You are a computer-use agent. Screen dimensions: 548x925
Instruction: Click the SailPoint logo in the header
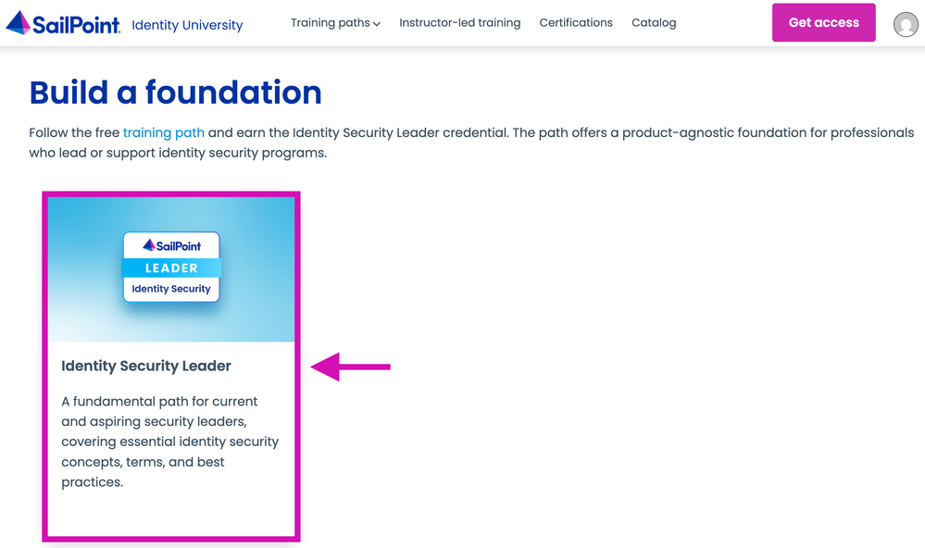pos(63,23)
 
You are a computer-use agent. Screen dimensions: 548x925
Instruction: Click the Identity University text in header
pos(187,25)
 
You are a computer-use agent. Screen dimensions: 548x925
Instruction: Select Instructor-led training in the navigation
pos(459,22)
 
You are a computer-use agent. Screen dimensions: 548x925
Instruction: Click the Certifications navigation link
pos(576,22)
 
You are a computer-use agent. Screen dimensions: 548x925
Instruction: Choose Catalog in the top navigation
pos(654,22)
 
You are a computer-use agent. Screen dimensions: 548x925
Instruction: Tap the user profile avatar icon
pos(905,24)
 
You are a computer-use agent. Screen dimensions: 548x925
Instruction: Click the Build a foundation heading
pos(176,93)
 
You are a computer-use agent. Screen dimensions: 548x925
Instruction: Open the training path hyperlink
pos(163,132)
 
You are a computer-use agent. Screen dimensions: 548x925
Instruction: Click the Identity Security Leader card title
pos(146,366)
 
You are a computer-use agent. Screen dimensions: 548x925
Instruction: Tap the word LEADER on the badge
pos(171,268)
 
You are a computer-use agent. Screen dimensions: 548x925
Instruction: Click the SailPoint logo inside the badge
pos(171,245)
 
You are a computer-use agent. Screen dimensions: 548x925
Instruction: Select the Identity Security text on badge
pos(171,289)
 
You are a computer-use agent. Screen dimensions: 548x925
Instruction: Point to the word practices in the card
pos(92,482)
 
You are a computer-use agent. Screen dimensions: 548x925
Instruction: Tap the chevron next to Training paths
pos(377,24)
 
